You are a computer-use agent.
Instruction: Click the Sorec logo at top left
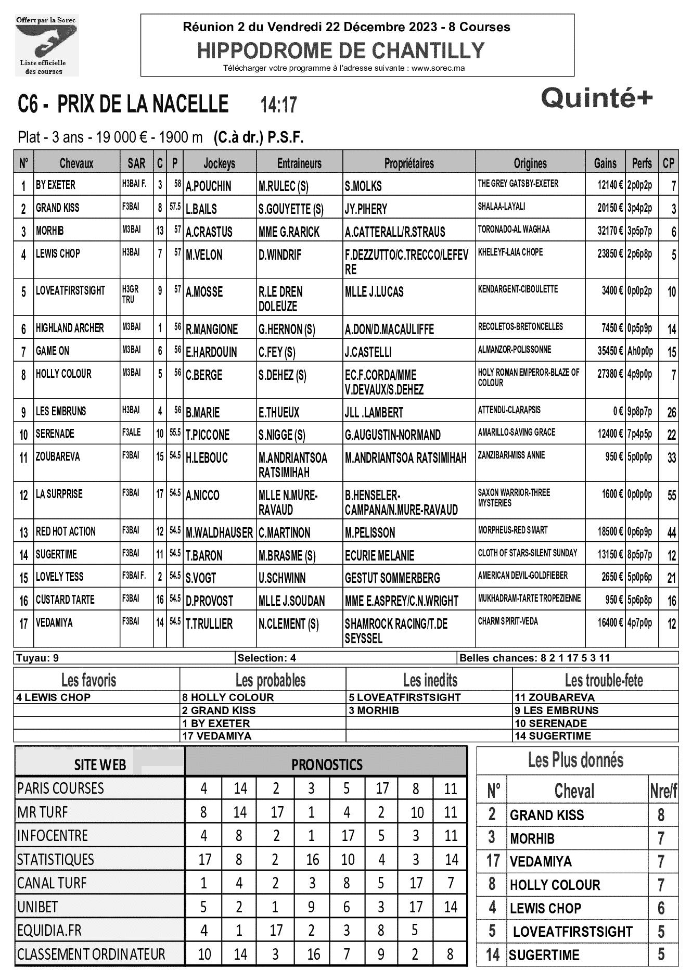[47, 46]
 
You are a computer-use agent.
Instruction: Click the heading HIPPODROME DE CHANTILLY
[341, 50]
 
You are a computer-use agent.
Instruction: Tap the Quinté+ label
[596, 98]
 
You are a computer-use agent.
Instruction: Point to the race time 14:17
[278, 105]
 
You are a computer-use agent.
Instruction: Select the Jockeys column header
[219, 163]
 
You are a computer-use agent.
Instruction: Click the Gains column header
[605, 163]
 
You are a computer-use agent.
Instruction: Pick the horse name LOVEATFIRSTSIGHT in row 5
[70, 290]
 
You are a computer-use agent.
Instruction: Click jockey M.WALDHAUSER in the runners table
[219, 533]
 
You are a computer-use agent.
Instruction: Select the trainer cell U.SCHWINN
[282, 578]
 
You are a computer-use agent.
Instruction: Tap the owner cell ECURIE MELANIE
[380, 556]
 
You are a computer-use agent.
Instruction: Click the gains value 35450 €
[610, 351]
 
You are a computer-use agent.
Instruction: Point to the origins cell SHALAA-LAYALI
[502, 207]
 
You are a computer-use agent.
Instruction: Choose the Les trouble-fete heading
[604, 680]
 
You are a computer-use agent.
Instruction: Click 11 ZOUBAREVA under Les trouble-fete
[554, 697]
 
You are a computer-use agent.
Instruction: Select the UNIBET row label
[37, 907]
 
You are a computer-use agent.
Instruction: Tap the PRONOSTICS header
[327, 765]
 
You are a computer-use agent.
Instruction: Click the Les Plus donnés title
[575, 760]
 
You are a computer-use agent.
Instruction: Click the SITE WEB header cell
[100, 765]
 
